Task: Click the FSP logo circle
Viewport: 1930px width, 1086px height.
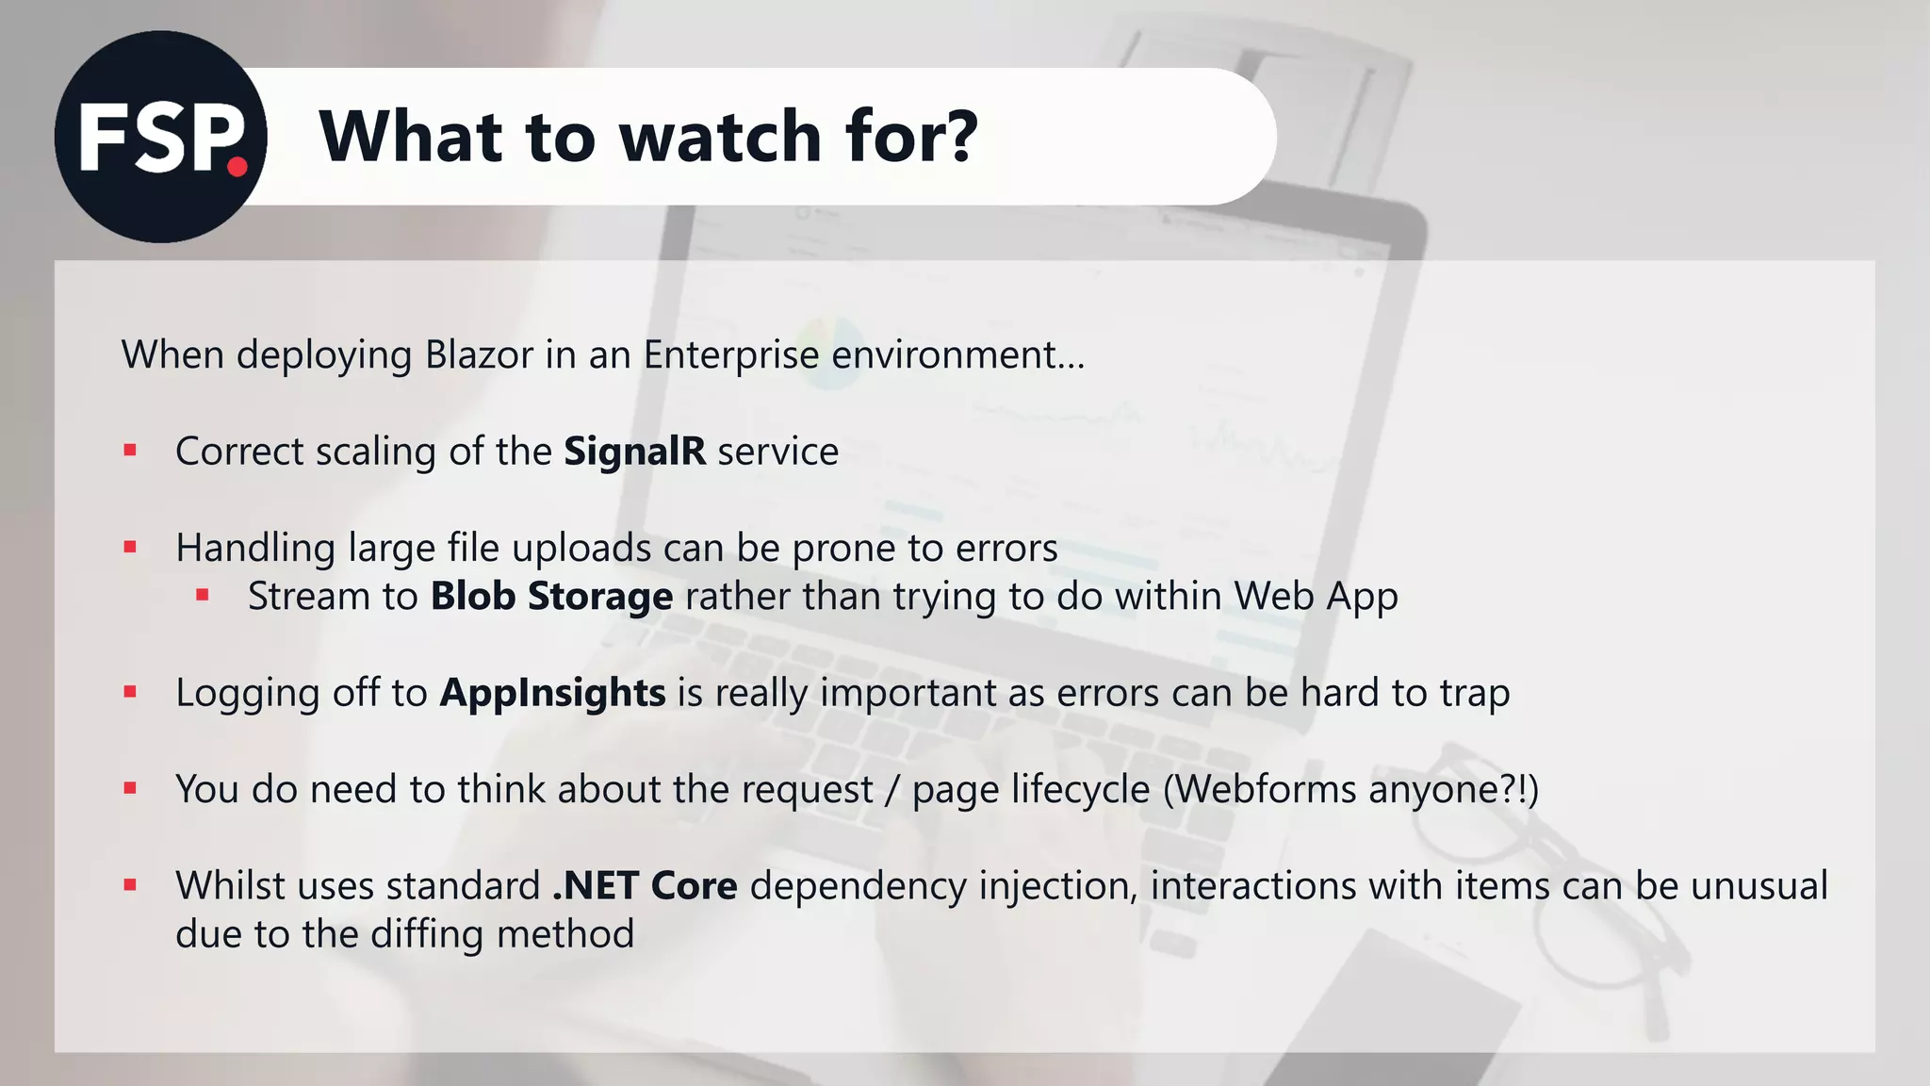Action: tap(160, 137)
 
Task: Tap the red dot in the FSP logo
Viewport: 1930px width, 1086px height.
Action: tap(237, 168)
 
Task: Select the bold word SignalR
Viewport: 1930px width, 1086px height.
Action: tap(634, 452)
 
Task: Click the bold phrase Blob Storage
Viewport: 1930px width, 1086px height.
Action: tap(551, 597)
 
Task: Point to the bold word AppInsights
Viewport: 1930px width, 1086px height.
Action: tap(552, 693)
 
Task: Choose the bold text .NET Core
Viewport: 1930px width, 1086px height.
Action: tap(645, 886)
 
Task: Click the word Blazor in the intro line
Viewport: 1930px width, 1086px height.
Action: tap(479, 355)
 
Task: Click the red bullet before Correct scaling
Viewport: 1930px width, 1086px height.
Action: tap(130, 452)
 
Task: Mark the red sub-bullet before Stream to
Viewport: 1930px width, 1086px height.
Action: tap(202, 596)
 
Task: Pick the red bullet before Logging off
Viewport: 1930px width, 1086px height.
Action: tap(130, 693)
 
